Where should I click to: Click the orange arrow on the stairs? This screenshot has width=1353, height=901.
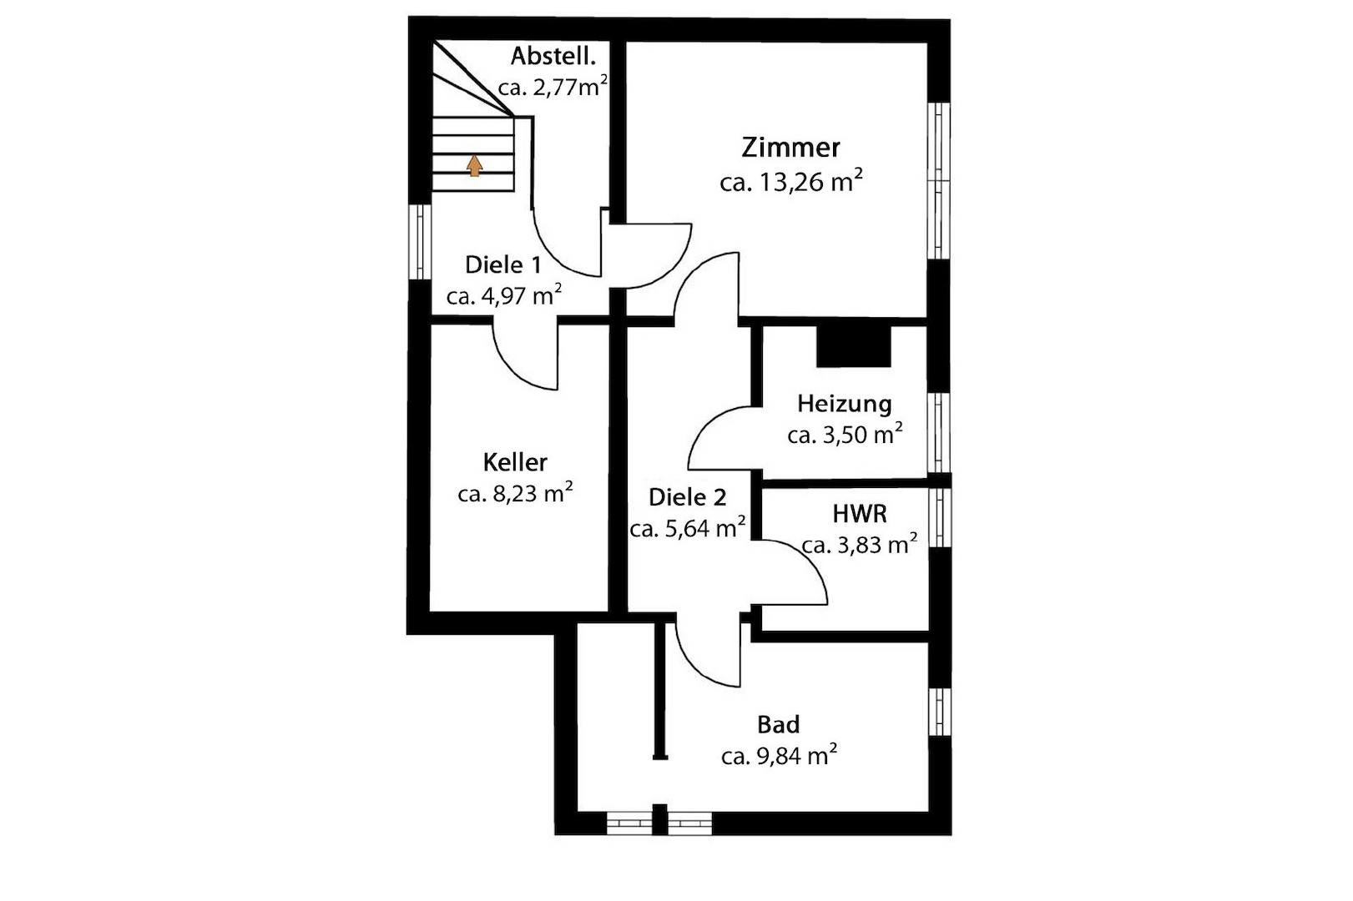click(475, 165)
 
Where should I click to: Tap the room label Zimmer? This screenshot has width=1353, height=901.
click(790, 148)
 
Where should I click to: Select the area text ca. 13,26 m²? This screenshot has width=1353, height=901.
click(790, 180)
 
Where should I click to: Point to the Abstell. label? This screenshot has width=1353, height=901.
click(553, 56)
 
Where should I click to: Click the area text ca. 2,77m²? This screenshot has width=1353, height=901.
click(553, 87)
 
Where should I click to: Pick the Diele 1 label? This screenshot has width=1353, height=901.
click(503, 264)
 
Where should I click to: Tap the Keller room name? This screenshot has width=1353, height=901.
click(515, 462)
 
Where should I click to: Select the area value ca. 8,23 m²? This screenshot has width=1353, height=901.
click(515, 493)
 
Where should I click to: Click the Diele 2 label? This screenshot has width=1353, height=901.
click(688, 497)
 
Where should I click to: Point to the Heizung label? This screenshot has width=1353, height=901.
click(845, 404)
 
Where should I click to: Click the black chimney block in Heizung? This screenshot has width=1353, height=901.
click(854, 346)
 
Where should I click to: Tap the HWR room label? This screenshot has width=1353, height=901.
click(860, 514)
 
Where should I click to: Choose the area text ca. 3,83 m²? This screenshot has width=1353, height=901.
click(860, 544)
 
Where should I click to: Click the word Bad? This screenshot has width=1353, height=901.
click(779, 725)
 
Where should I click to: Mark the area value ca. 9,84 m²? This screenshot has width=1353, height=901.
click(780, 755)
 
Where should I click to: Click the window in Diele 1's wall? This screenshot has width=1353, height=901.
click(420, 242)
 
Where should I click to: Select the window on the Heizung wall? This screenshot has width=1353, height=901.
click(939, 432)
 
